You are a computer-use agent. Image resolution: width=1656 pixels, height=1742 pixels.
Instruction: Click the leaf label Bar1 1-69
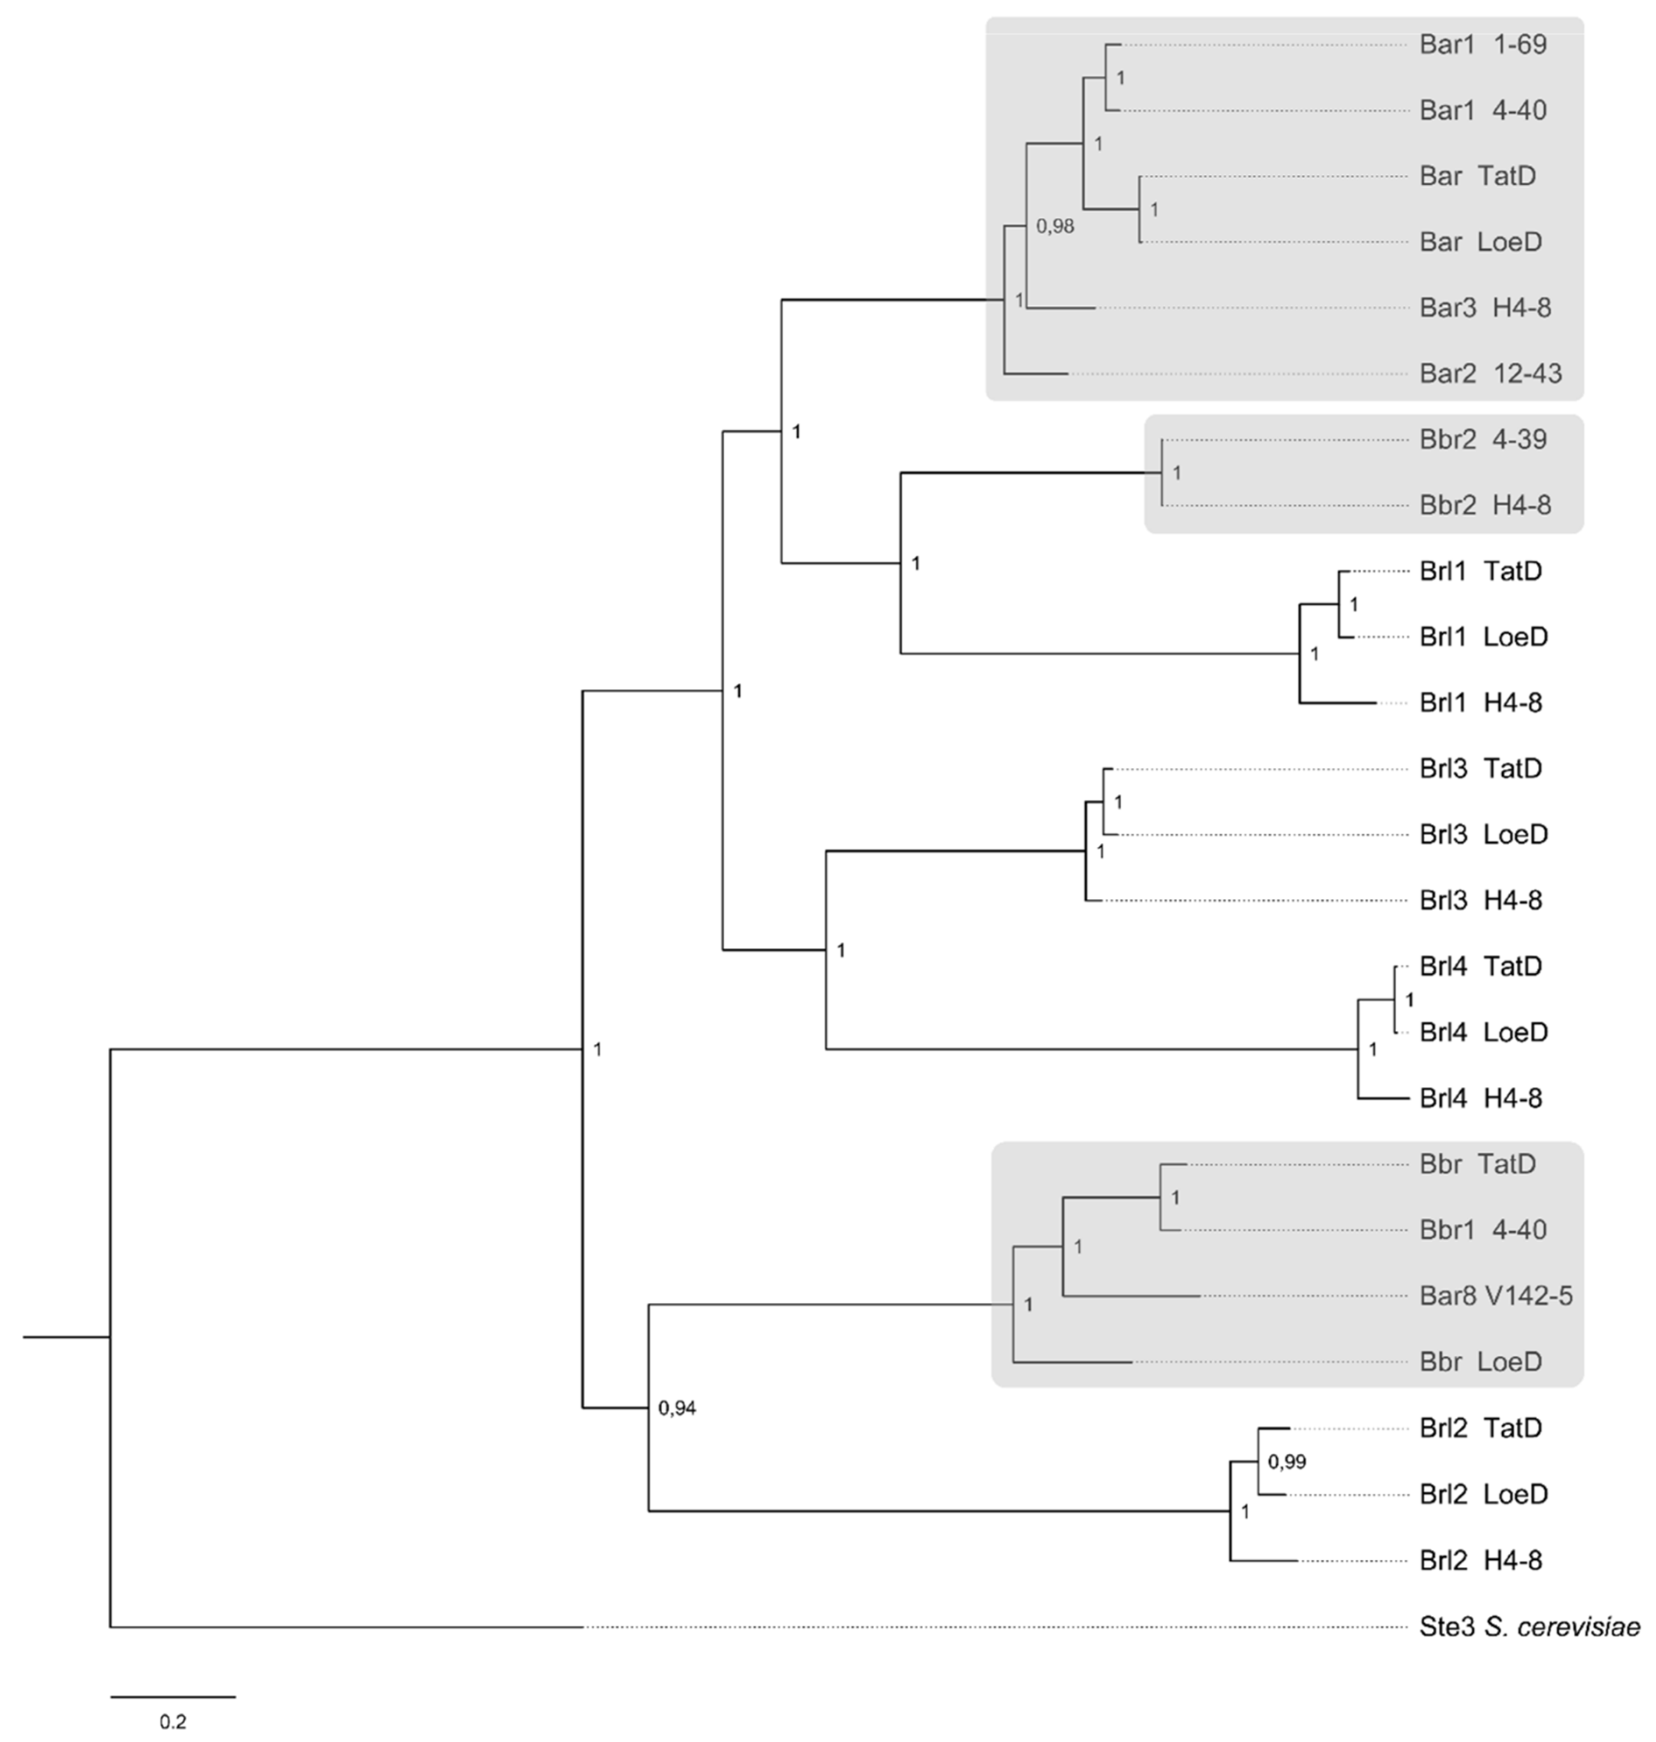pos(1483,45)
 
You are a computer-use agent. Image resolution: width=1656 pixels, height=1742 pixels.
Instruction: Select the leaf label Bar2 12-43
pos(1490,374)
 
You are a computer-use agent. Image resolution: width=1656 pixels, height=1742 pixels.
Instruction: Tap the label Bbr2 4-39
pos(1483,440)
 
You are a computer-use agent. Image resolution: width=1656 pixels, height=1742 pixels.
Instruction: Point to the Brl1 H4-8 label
pos(1480,703)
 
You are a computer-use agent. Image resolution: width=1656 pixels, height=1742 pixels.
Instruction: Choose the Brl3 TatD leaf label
pos(1480,769)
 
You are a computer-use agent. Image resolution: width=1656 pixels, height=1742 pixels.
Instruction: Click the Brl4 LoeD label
pos(1483,1032)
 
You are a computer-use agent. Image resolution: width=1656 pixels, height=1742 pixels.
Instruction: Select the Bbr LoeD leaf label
pos(1480,1362)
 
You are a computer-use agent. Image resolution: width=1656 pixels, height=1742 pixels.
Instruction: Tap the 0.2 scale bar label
pos(173,1722)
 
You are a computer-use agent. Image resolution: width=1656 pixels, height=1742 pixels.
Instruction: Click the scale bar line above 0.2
pos(173,1696)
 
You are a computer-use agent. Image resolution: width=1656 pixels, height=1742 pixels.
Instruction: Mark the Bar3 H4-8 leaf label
pos(1485,308)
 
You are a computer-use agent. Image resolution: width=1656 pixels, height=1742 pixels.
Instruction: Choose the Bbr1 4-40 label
pos(1483,1230)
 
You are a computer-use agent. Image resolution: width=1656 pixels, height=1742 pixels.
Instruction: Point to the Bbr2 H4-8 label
pos(1485,506)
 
